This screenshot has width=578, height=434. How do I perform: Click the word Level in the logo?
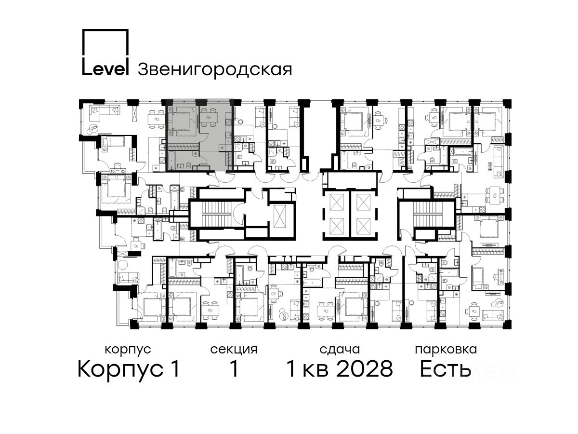(105, 69)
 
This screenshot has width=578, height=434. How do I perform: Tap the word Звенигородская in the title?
(215, 70)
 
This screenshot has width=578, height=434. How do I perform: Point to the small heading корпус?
(128, 350)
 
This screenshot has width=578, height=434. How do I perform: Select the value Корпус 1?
(129, 369)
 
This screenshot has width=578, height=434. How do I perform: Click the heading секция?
(234, 350)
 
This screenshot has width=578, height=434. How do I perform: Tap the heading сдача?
(340, 350)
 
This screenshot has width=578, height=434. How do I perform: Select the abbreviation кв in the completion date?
(315, 371)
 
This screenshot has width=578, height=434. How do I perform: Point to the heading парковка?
(446, 350)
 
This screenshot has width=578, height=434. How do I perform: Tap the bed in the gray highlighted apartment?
(181, 121)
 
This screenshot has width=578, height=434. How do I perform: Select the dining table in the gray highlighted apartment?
(208, 118)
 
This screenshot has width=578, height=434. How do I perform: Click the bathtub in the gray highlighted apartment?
(171, 160)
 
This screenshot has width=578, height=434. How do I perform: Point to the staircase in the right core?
(426, 214)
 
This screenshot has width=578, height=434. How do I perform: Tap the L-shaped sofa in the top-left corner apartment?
(105, 111)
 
